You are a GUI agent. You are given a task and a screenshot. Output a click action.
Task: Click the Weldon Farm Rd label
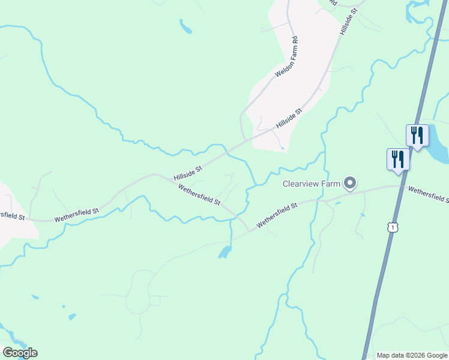(287, 57)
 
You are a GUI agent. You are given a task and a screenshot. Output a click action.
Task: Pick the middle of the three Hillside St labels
(289, 119)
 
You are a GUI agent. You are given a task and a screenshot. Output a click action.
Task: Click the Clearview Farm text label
(312, 184)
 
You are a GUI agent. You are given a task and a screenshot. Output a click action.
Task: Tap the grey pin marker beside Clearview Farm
(350, 183)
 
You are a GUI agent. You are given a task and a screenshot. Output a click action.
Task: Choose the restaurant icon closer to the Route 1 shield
(398, 159)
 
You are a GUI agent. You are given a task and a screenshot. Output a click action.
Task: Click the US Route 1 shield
(392, 227)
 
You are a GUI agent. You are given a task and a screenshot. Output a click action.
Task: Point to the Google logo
(20, 352)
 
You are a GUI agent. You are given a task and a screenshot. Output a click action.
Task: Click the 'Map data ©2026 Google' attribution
(412, 355)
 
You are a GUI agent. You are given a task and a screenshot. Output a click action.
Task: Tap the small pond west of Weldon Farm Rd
(185, 26)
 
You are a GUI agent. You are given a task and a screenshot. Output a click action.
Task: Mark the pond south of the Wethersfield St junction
(225, 251)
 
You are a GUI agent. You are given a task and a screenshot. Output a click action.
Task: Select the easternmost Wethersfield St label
(429, 194)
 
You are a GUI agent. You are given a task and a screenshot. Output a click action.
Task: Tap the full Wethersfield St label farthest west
(76, 215)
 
